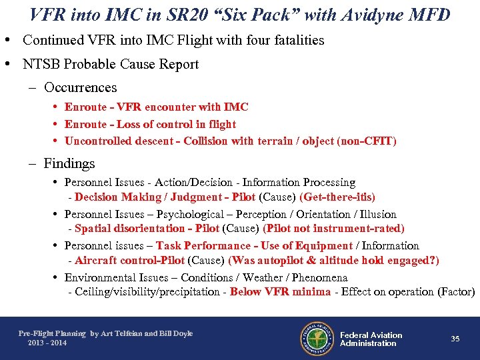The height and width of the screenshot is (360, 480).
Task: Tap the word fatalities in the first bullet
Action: [x=297, y=40]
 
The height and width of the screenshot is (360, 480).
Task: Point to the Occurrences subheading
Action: [x=80, y=87]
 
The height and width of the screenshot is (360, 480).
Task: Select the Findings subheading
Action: [x=69, y=163]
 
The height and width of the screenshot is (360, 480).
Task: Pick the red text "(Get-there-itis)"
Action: [x=337, y=197]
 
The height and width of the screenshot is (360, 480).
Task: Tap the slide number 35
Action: [x=455, y=339]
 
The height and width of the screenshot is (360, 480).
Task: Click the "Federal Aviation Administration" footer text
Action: [x=371, y=339]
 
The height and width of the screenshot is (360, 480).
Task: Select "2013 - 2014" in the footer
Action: [x=47, y=343]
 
